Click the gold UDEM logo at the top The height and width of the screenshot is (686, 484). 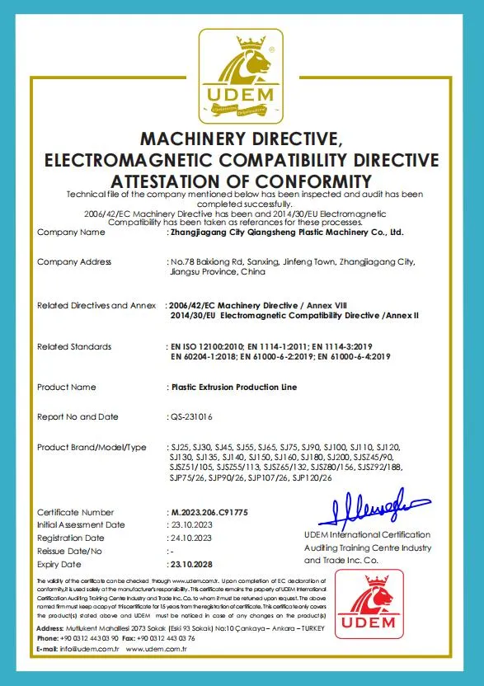[242, 75]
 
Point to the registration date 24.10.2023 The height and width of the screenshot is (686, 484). [190, 538]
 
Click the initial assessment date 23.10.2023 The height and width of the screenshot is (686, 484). [190, 524]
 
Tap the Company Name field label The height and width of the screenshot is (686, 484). [71, 233]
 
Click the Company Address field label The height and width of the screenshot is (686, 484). [74, 261]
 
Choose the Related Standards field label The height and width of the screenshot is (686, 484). [74, 346]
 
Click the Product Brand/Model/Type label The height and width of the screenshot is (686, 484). [91, 447]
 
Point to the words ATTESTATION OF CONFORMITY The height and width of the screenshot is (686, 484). [242, 180]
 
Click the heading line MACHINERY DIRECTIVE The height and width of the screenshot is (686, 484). [242, 137]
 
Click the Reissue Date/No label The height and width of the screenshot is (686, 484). [69, 551]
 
